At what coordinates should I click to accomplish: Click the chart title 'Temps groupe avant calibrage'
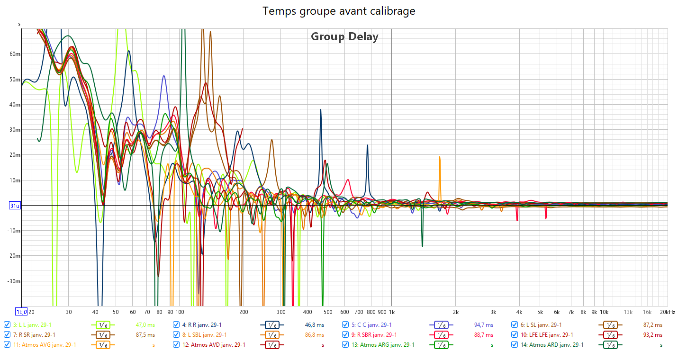[339, 11]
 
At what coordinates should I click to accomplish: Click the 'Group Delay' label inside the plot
[344, 36]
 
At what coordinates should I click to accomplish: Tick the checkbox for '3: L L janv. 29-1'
[7, 325]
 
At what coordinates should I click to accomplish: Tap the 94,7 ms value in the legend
[483, 325]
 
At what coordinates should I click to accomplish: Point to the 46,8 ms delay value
[315, 325]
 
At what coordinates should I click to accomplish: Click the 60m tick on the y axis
[15, 54]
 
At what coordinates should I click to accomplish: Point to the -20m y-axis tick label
[14, 256]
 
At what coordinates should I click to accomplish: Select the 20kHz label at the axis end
[668, 312]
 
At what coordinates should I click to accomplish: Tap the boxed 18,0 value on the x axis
[21, 312]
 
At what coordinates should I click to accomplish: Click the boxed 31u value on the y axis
[15, 206]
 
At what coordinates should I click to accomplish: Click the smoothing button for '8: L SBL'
[272, 335]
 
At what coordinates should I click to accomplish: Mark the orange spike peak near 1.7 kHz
[440, 157]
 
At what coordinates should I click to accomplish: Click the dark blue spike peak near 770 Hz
[367, 146]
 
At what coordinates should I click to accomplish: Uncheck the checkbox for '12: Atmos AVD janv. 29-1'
[176, 345]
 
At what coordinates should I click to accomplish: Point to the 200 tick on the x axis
[243, 312]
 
